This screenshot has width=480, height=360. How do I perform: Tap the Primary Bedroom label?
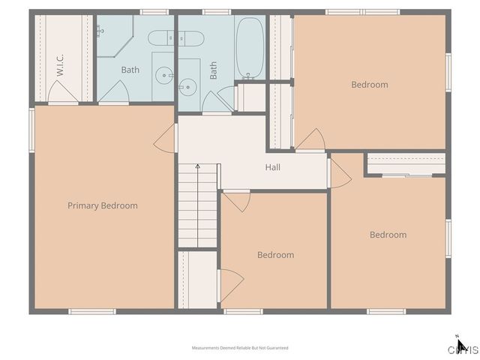103,205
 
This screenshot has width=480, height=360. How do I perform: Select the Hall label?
272,167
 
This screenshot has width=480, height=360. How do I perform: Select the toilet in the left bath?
160,37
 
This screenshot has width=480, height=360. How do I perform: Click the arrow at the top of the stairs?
197,166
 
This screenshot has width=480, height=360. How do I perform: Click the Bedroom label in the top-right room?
370,85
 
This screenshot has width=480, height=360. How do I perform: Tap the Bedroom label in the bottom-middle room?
275,255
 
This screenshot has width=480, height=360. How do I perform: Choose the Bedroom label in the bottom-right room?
388,235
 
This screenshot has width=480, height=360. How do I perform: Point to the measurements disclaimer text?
240,348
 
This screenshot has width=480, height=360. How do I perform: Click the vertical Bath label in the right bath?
214,70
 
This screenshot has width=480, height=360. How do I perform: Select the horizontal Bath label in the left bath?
130,70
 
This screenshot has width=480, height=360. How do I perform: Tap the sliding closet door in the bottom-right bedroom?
406,175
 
